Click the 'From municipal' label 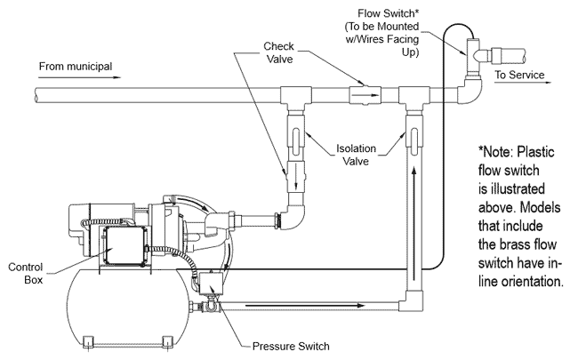pyautogui.click(x=76, y=67)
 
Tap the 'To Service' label pyautogui.click(x=519, y=75)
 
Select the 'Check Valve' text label pyautogui.click(x=278, y=52)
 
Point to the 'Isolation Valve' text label pyautogui.click(x=356, y=155)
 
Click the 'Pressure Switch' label pyautogui.click(x=291, y=347)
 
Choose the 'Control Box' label pyautogui.click(x=26, y=273)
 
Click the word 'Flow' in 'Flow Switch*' pyautogui.click(x=371, y=13)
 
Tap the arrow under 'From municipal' pyautogui.click(x=80, y=77)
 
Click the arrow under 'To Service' pyautogui.click(x=523, y=83)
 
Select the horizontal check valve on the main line pyautogui.click(x=365, y=95)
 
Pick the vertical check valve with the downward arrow pyautogui.click(x=296, y=176)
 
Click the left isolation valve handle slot pyautogui.click(x=296, y=138)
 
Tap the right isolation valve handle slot pyautogui.click(x=414, y=138)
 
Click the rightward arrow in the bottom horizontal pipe pyautogui.click(x=305, y=306)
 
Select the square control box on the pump pyautogui.click(x=125, y=245)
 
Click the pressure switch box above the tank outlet pyautogui.click(x=212, y=284)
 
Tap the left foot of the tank pyautogui.click(x=88, y=341)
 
